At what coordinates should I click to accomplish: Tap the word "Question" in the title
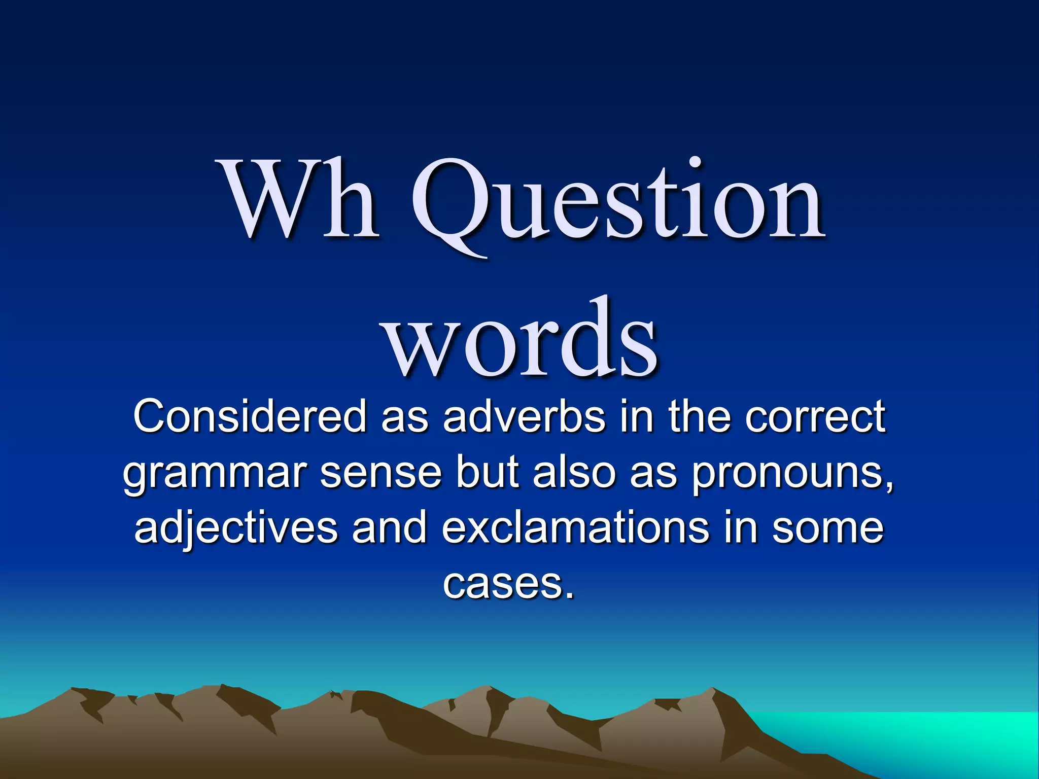click(x=617, y=203)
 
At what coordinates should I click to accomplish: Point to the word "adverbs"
click(x=524, y=416)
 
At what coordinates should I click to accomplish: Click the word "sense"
click(x=380, y=472)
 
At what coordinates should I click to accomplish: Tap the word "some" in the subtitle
click(x=827, y=528)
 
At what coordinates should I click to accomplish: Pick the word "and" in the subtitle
click(x=390, y=528)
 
